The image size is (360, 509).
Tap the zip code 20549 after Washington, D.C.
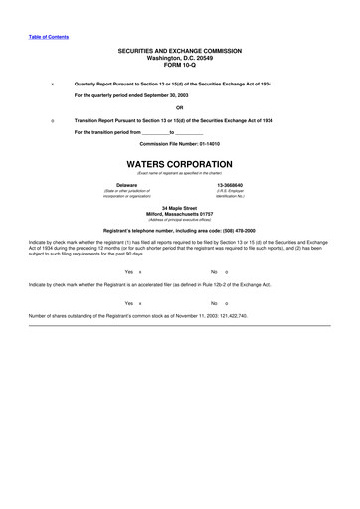204,58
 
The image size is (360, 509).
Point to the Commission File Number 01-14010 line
180,143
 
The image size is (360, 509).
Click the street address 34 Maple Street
180,207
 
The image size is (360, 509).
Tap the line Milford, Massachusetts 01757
180,213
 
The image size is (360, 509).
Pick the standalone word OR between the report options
180,107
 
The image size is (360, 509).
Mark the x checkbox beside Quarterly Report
51,84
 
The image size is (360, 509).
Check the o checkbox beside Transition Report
51,119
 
